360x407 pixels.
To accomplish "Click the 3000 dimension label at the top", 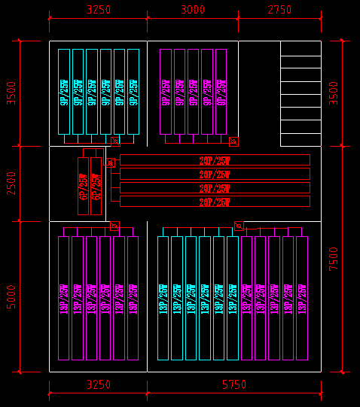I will tap(193, 10).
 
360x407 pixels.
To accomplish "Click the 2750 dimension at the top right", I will tap(279, 10).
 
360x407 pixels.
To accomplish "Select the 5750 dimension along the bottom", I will tap(234, 384).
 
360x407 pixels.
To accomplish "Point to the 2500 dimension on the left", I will tap(11, 184).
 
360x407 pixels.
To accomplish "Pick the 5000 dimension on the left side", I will tap(11, 296).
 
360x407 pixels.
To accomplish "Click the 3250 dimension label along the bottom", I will tap(98, 384).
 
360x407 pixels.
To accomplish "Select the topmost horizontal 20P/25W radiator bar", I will tap(215, 160).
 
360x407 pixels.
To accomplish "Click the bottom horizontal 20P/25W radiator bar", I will tap(215, 202).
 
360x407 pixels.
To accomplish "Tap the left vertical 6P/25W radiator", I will tap(83, 186).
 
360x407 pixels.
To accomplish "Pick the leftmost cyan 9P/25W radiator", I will tap(64, 92).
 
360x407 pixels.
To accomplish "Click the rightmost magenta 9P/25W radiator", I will tap(221, 92).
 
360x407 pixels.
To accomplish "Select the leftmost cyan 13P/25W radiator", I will tap(163, 298).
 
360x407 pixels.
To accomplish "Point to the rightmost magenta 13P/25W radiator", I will tap(302, 298).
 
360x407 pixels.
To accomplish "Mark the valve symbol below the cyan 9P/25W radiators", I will tap(115, 141).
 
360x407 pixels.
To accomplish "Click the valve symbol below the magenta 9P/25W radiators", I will tap(233, 141).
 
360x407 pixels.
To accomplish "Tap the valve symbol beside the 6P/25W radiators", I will tap(110, 162).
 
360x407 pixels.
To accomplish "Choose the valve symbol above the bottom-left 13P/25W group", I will tap(114, 226).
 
